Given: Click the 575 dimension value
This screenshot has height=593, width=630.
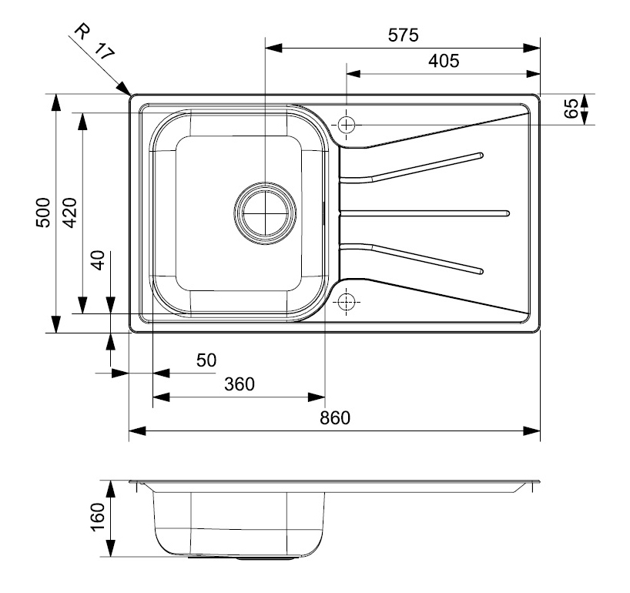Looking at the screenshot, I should point(402,35).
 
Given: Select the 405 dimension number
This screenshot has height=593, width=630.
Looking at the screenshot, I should point(444,61).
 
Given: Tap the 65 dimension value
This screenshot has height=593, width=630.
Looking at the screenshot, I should point(571,109).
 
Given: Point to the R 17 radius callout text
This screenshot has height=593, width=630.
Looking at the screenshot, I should point(92,42).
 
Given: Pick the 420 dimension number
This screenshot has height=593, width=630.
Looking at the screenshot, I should point(69,213).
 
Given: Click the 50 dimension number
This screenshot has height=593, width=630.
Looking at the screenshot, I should point(206,360).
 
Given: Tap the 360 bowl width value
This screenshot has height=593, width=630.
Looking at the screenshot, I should point(239,384).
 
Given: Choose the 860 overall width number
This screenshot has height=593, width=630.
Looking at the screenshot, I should point(334,418).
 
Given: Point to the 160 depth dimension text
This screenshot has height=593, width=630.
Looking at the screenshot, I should point(97,517).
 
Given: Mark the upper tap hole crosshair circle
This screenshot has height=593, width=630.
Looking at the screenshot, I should point(347,124).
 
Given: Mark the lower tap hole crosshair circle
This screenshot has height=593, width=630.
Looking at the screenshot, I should point(347,301).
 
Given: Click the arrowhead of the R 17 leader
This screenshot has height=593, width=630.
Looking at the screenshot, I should point(126,90).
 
